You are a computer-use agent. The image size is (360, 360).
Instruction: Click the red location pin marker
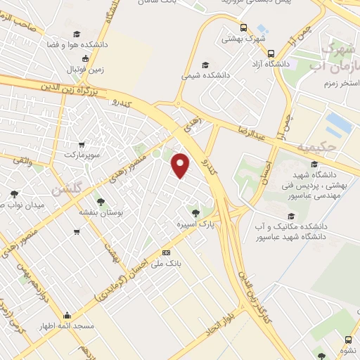[x=181, y=166]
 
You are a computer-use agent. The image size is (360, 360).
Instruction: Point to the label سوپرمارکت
[x=83, y=153]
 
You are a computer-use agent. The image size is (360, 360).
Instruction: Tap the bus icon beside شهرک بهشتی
[x=243, y=28]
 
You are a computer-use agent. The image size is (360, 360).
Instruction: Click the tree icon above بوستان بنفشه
[x=101, y=201]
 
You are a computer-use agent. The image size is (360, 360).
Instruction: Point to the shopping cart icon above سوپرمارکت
[x=82, y=143]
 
